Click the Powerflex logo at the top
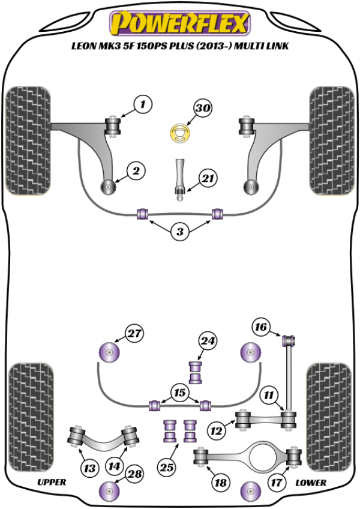click(179, 23)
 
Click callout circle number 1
click(143, 105)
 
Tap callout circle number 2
click(136, 171)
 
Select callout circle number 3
click(179, 231)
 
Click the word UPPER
click(52, 482)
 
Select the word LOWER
click(311, 482)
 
